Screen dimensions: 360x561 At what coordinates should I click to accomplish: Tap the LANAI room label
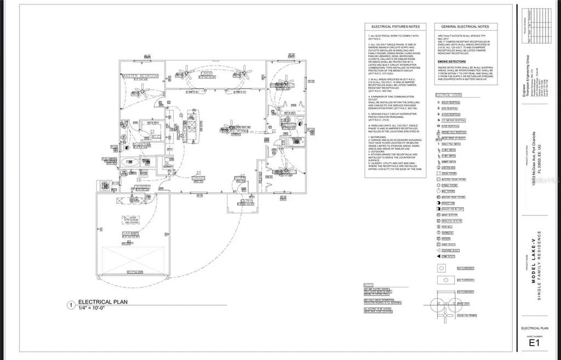tap(207, 73)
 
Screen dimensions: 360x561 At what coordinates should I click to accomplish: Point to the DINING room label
tap(198, 178)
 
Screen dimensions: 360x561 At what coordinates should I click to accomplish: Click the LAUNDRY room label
tap(142, 187)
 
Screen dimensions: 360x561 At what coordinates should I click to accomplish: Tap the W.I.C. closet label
tap(155, 136)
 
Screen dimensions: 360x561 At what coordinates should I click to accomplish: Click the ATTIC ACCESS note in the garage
tap(130, 221)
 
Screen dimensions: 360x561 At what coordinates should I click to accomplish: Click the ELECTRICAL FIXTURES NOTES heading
tap(396, 26)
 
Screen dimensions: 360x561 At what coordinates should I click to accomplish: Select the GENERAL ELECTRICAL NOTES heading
tap(465, 26)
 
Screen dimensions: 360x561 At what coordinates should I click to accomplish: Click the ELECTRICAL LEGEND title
tap(450, 94)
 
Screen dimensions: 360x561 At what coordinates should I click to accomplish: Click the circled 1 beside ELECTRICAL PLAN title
tap(70, 305)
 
